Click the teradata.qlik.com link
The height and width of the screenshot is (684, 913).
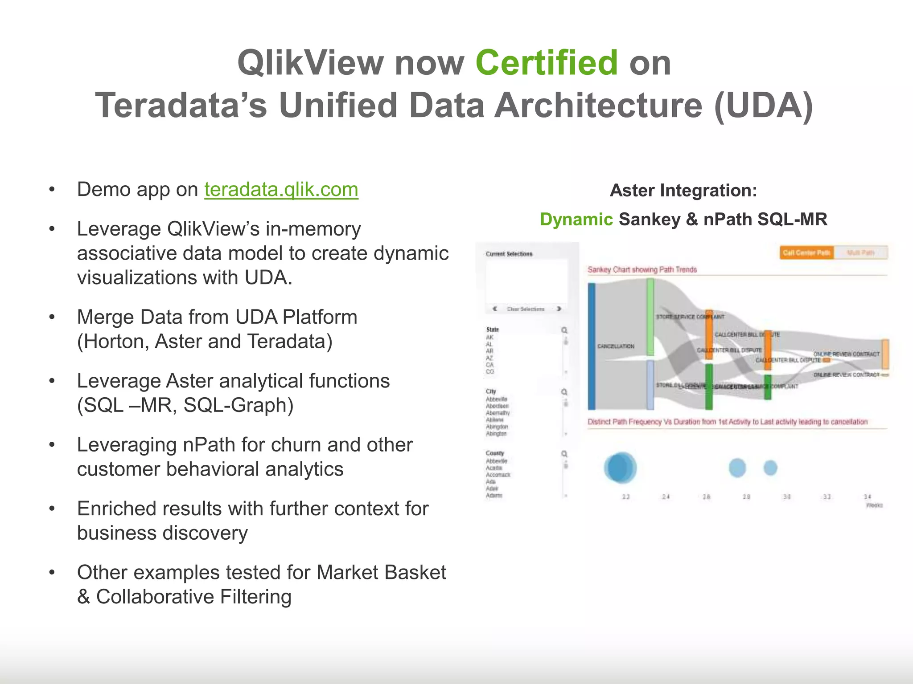281,190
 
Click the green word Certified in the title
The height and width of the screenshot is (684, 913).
547,63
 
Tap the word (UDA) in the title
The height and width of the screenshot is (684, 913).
763,106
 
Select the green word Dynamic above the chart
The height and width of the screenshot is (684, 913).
576,220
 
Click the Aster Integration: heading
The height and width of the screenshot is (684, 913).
683,191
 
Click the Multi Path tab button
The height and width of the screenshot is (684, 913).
860,253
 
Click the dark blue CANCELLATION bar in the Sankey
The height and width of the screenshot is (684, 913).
592,346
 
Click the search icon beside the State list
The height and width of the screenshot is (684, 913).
564,330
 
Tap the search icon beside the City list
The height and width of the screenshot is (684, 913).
564,392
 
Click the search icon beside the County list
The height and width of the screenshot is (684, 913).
564,454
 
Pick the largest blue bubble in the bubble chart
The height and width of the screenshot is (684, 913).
620,468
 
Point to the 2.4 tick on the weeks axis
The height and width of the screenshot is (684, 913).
666,497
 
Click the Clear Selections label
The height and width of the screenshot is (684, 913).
526,309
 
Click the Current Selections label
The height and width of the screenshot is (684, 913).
509,254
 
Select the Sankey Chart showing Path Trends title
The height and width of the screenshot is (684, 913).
642,270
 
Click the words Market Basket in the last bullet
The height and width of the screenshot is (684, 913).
381,573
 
